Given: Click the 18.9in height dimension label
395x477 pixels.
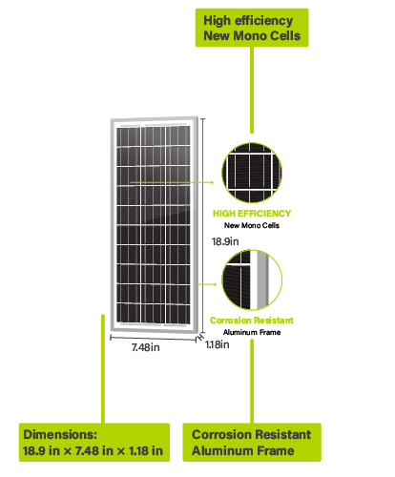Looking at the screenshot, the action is click(x=225, y=241).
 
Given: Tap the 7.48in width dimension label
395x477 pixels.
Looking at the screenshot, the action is click(x=145, y=347).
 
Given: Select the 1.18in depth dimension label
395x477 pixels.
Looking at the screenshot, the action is click(x=218, y=344).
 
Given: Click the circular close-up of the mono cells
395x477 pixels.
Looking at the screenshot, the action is click(x=252, y=173).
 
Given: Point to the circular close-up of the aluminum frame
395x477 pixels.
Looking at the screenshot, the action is click(x=252, y=280).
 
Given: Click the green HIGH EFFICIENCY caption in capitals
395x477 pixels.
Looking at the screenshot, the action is click(x=252, y=214).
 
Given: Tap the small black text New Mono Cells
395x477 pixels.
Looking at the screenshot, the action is click(x=252, y=225).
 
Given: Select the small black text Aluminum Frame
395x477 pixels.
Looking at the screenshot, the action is click(x=252, y=332).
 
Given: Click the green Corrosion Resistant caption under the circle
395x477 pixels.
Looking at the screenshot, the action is click(x=252, y=321).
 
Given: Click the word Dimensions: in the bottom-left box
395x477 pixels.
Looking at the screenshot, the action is click(x=60, y=435).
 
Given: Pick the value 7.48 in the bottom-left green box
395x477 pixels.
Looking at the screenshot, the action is click(x=85, y=450).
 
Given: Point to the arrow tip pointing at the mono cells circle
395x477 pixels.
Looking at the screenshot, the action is click(x=214, y=182).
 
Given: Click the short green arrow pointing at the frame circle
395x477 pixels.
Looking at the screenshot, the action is click(x=207, y=284).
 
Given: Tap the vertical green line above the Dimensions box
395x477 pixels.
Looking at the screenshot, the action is click(x=103, y=368).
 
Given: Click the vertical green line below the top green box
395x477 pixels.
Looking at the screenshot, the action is click(x=252, y=90).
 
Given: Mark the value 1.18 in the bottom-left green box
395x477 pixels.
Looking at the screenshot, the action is click(x=138, y=450).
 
